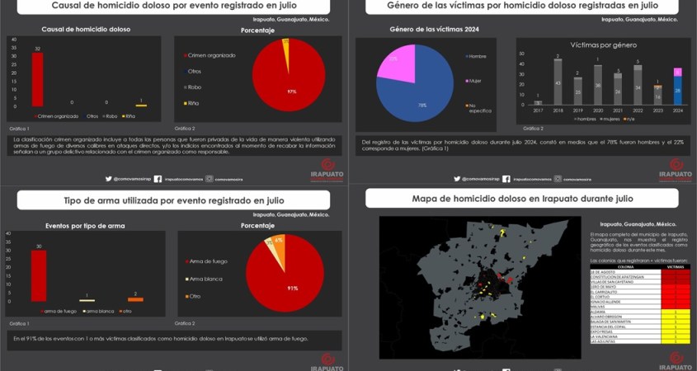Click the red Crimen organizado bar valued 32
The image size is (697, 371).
[38, 78]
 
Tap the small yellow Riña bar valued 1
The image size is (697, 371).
[141, 106]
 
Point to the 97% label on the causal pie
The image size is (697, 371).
[291, 91]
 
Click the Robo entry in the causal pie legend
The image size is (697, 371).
[195, 87]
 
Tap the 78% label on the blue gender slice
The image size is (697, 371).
[421, 105]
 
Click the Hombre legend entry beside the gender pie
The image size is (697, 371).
[478, 56]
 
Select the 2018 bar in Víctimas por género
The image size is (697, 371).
[558, 83]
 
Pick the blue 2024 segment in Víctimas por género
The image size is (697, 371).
[677, 90]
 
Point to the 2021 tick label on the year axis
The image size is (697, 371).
[617, 110]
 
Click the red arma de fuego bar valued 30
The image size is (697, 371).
[38, 275]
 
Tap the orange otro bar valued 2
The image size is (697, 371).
[135, 299]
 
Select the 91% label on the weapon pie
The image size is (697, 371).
[293, 288]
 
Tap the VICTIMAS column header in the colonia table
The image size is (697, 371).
[676, 267]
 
